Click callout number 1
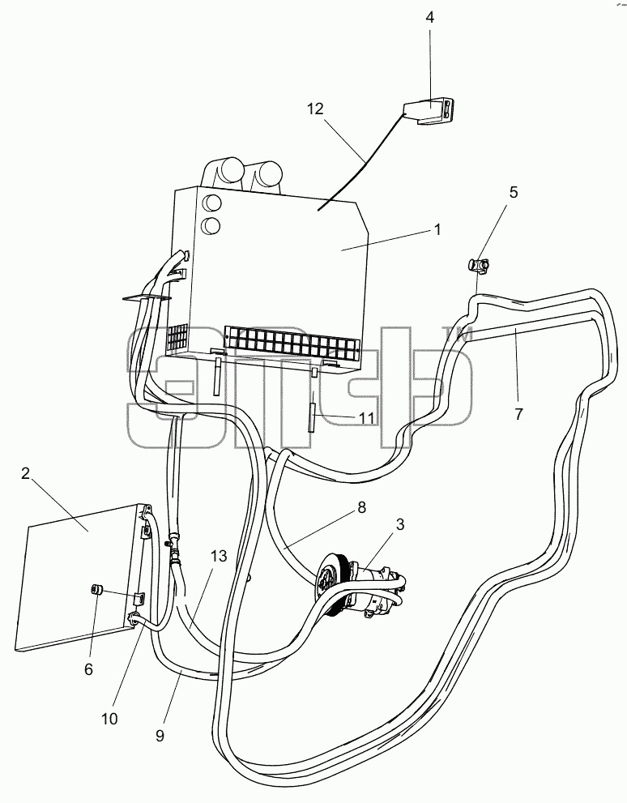(x=437, y=229)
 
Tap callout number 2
(x=26, y=474)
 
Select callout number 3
(x=400, y=524)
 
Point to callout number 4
(x=430, y=17)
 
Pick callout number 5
(x=514, y=192)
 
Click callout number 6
(x=88, y=668)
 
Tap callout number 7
(x=519, y=413)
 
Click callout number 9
(x=160, y=736)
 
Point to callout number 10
(x=109, y=719)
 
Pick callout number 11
(x=366, y=418)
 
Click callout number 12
(x=316, y=109)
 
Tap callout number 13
(x=219, y=556)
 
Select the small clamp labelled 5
(x=479, y=265)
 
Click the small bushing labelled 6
(x=96, y=590)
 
